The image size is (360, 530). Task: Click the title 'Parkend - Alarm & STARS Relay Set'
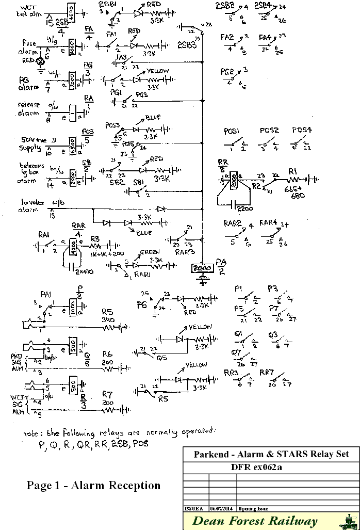coord(271,455)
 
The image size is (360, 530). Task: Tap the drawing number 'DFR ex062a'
coord(271,468)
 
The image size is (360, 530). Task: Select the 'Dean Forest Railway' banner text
coord(255,521)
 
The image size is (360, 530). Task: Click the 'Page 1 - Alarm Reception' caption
coord(93,485)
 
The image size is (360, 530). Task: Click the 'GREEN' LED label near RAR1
coord(151,252)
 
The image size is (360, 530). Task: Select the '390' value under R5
coord(108,320)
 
